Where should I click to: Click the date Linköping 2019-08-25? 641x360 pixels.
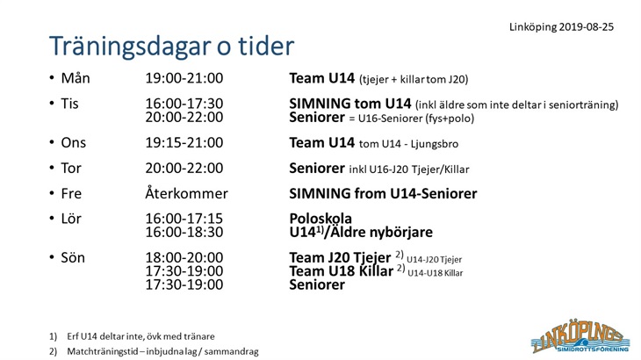pyautogui.click(x=561, y=27)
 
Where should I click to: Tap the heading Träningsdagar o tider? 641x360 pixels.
pyautogui.click(x=172, y=46)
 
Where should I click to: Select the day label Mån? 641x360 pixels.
pyautogui.click(x=76, y=77)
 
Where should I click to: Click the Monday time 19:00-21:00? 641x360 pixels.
pyautogui.click(x=184, y=78)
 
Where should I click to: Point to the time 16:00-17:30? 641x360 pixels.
pyautogui.click(x=184, y=104)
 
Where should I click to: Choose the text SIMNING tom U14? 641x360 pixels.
pyautogui.click(x=350, y=104)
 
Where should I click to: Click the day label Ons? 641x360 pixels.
pyautogui.click(x=73, y=142)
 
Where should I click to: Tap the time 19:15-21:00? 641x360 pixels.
pyautogui.click(x=184, y=142)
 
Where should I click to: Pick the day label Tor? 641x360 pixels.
pyautogui.click(x=71, y=168)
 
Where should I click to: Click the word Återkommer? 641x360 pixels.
pyautogui.click(x=186, y=193)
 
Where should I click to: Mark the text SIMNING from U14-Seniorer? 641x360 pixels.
pyautogui.click(x=383, y=193)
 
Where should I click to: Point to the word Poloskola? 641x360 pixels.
pyautogui.click(x=320, y=219)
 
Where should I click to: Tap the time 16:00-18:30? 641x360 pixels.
pyautogui.click(x=184, y=232)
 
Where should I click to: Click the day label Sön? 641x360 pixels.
pyautogui.click(x=73, y=257)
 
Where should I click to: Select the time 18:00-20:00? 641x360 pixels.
pyautogui.click(x=184, y=257)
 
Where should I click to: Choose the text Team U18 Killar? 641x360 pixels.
pyautogui.click(x=341, y=271)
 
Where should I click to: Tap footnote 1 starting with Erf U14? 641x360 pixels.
pyautogui.click(x=132, y=336)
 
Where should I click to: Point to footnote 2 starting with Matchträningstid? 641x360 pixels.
pyautogui.click(x=154, y=351)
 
